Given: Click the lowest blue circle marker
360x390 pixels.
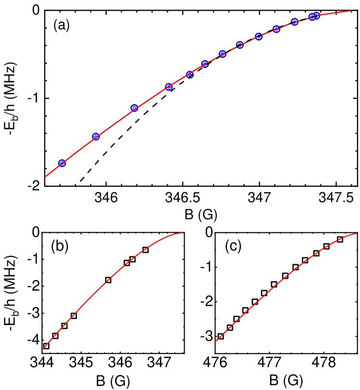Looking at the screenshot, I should pos(62,163).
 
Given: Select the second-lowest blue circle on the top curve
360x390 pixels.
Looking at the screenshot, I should pos(96,136).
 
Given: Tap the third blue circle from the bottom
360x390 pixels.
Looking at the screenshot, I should pos(134,108).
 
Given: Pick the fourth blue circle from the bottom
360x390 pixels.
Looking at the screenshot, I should pos(169,87).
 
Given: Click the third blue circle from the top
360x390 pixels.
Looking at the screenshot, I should pos(294,22).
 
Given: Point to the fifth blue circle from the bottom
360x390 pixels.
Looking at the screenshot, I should pos(190,75).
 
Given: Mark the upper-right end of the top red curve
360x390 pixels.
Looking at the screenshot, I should pos(351,11).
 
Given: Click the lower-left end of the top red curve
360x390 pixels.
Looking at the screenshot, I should pos(45,177).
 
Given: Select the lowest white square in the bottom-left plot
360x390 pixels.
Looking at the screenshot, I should pos(46,346).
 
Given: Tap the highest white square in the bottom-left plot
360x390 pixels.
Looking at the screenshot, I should pos(146,250).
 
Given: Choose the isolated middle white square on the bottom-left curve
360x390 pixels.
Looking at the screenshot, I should pos(108,280).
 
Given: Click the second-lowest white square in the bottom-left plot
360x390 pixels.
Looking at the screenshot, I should pos(55,336).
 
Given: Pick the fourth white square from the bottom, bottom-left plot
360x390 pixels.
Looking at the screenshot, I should pos(74,316).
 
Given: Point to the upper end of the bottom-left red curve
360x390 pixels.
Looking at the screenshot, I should pos(183,233).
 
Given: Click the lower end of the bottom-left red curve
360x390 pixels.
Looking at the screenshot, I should pos(42,350).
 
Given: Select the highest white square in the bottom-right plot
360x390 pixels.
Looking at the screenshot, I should pos(340,240).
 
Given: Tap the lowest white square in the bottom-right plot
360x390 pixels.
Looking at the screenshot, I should pos(221,336).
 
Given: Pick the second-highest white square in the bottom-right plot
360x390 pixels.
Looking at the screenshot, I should pos(327,246).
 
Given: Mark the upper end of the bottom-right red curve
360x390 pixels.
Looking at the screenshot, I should pos(356,234).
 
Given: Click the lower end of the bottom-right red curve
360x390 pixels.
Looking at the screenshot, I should pos(215,342).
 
